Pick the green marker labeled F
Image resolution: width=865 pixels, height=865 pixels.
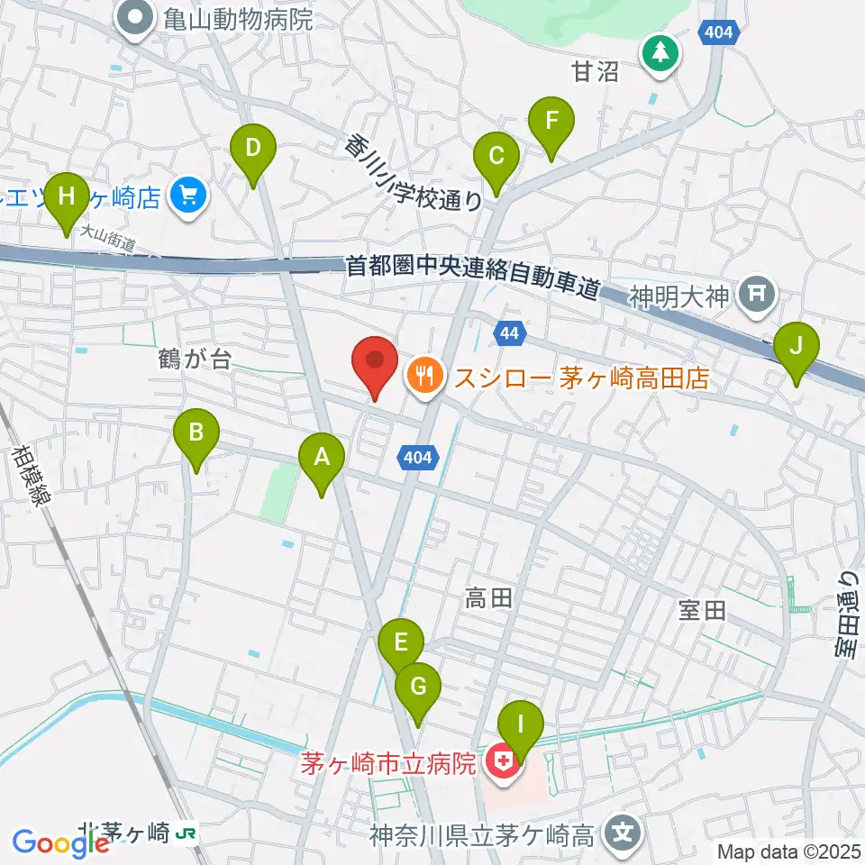point(551,121)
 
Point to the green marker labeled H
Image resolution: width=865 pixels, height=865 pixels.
point(67,197)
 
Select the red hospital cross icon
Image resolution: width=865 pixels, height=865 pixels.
point(502,765)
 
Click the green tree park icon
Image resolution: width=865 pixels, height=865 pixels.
point(661,51)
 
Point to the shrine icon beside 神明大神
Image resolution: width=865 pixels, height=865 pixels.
point(758,295)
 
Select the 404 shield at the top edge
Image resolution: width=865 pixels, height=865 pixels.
point(719,33)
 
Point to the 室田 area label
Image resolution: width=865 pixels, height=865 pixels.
point(702,611)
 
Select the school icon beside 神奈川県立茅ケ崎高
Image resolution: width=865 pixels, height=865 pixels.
point(623,833)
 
